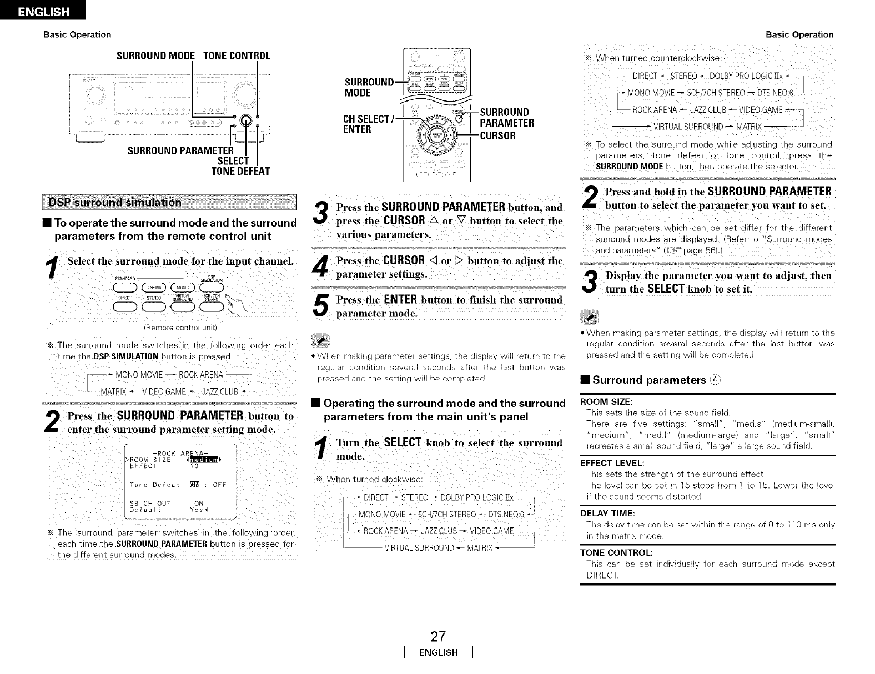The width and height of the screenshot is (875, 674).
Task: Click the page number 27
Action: (x=438, y=636)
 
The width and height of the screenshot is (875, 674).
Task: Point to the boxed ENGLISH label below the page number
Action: (x=438, y=653)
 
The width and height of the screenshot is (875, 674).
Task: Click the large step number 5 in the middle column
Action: (x=321, y=308)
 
